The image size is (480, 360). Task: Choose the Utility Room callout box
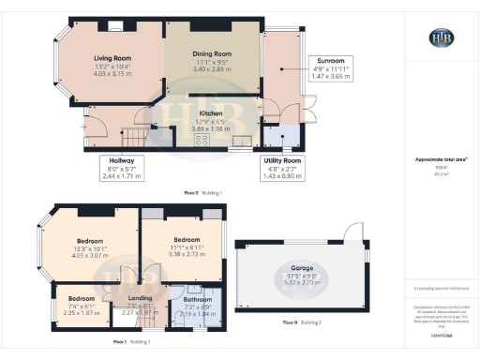283,167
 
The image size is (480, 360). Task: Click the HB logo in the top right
441,38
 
